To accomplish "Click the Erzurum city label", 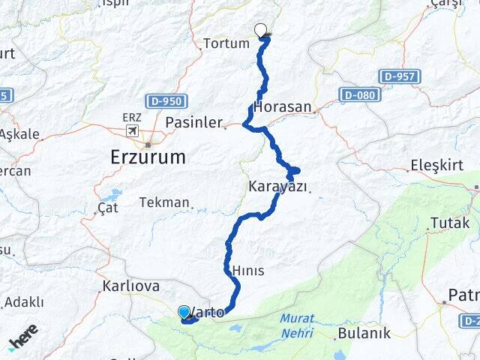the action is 147,157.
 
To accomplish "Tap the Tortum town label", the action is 226,43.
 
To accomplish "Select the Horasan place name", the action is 283,107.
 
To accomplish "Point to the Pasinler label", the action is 193,122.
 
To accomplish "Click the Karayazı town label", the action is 277,187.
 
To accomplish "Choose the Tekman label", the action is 164,202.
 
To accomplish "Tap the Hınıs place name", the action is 247,271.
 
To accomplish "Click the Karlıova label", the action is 130,286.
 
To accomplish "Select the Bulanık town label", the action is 364,332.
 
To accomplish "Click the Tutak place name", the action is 450,223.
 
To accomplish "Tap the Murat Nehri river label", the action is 297,325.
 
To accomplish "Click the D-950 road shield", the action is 172,100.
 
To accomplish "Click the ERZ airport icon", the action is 133,130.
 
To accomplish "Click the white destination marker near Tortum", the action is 261,30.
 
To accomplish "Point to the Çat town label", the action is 108,208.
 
